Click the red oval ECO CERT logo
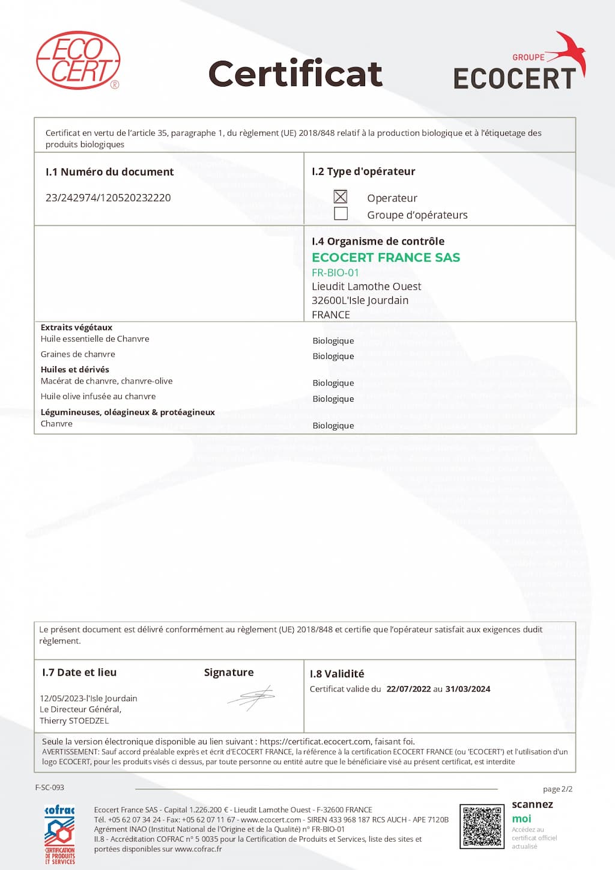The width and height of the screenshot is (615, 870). pos(78,60)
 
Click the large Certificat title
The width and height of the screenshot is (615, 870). pos(295,74)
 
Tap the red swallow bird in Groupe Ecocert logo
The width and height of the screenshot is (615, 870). pos(571,51)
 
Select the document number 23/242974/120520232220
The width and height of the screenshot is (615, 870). pos(108,198)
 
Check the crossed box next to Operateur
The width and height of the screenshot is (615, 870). pos(341,197)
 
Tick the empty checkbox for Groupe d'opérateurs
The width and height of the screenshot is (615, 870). pos(341,213)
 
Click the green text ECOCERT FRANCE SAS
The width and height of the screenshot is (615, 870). pos(386,257)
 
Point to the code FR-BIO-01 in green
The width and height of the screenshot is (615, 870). pos(335,272)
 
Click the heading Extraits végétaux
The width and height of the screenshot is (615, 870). pos(76,328)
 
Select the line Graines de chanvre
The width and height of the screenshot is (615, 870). pos(78,354)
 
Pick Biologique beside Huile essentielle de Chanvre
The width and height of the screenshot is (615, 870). pos(333,341)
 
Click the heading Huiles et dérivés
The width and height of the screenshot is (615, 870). pos(75,370)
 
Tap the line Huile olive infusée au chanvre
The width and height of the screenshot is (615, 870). pos(98,396)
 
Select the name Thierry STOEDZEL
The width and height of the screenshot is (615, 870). pos(74,721)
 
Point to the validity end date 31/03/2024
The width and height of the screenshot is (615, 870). pos(468,689)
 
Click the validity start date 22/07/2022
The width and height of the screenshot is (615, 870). pos(408,689)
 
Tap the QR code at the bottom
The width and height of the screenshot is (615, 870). pos(481,827)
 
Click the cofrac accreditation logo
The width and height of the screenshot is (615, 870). pos(59,834)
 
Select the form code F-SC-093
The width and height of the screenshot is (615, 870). pos(50,788)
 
